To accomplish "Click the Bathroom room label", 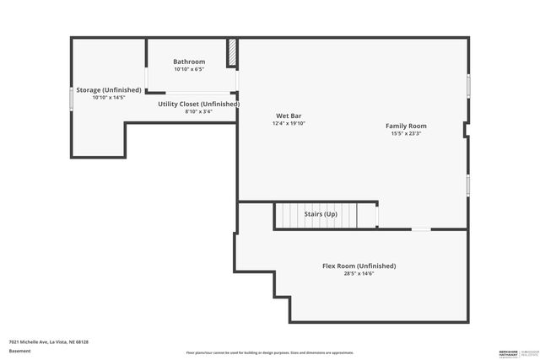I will (x=189, y=62).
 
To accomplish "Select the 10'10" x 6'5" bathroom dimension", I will (x=189, y=69).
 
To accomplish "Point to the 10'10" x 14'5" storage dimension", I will (x=108, y=97).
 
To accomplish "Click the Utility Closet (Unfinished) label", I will (x=199, y=104).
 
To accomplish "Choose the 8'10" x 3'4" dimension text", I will (x=199, y=111).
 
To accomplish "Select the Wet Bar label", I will (x=289, y=116).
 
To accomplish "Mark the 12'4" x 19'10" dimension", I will (x=289, y=123).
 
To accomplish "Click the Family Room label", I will (x=406, y=126).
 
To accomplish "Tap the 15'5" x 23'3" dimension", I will (x=406, y=133).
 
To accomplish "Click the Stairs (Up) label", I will (x=321, y=214).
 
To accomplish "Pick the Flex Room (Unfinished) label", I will (x=359, y=266).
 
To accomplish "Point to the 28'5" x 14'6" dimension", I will (x=359, y=273).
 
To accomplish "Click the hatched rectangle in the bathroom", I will (x=231, y=52).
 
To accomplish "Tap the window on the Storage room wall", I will (x=71, y=96).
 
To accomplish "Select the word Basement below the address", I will (x=19, y=351).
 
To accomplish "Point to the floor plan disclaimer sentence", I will (x=269, y=352).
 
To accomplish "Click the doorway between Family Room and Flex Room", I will (x=420, y=228).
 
